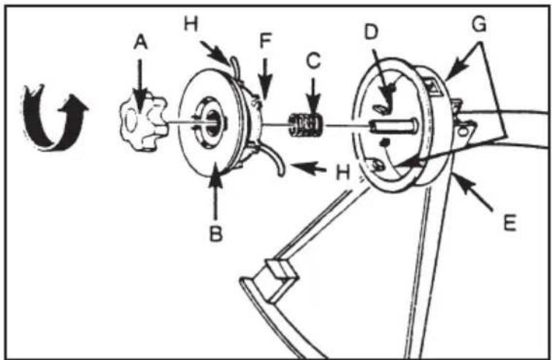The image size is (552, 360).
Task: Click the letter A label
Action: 140,43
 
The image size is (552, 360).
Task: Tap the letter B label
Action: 216,234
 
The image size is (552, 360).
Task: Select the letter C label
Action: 313,60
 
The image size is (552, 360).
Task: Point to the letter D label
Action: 371,32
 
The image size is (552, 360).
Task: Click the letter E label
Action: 510,223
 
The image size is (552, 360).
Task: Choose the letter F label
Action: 265,41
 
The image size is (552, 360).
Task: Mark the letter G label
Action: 479,24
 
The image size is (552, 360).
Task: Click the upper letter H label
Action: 191,24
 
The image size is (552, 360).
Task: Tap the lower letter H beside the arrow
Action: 342,172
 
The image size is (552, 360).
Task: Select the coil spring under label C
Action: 305,125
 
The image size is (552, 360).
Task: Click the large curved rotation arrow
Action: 53,118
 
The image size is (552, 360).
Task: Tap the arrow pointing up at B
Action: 215,194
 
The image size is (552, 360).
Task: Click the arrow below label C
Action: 313,94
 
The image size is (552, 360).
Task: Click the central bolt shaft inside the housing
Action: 394,126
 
